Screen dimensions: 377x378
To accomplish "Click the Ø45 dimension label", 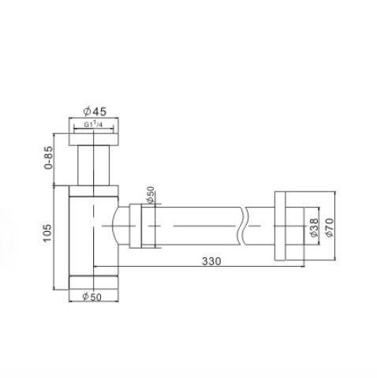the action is [95, 111].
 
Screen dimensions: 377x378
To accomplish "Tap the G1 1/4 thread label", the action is [93, 125].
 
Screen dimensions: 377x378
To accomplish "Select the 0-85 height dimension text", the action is [49, 158].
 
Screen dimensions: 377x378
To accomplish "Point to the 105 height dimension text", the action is [47, 233].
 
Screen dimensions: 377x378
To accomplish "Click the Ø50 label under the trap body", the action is [91, 297].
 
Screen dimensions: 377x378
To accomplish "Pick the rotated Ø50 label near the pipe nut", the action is [151, 194].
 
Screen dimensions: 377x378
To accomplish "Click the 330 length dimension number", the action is [211, 261].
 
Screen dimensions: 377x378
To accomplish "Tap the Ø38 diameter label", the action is [314, 227].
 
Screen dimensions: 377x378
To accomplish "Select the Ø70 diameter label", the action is [330, 227].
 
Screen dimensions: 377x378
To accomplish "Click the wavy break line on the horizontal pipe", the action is [243, 226].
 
